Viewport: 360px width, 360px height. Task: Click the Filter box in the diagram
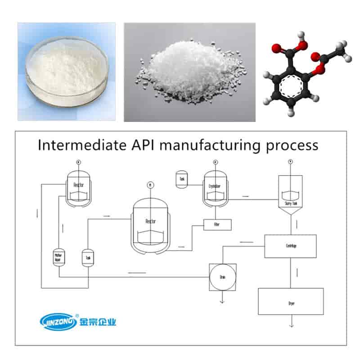[217, 225]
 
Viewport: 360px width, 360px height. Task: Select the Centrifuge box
[290, 246]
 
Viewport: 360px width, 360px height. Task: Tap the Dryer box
[290, 301]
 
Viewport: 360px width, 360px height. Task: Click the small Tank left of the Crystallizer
[182, 179]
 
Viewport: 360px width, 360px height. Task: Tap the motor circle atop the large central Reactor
[149, 185]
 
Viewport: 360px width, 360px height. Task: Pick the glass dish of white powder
[66, 72]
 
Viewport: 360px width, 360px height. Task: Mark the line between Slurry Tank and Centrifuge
[290, 224]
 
